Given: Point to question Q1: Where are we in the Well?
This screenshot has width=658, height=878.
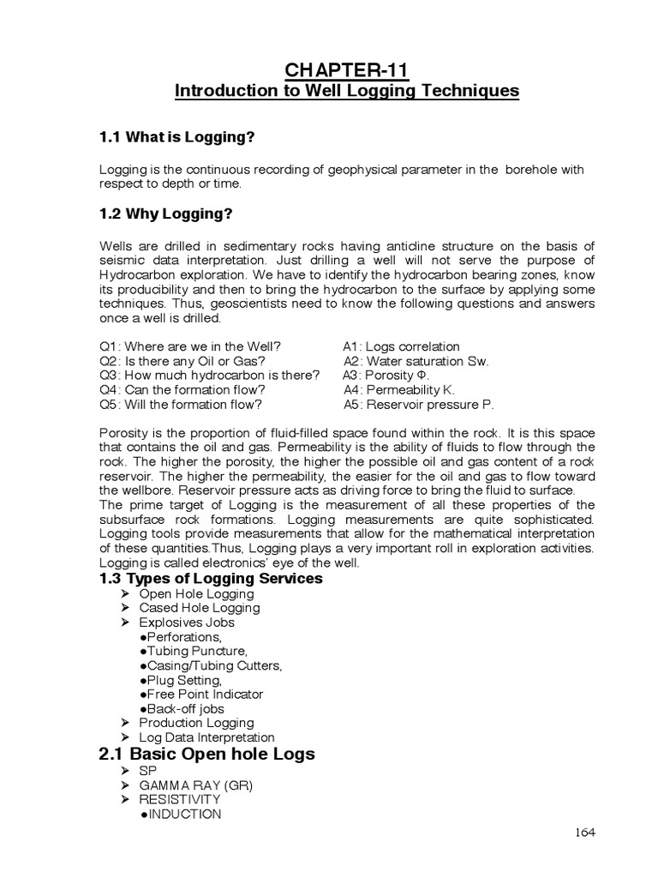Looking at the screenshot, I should (190, 346).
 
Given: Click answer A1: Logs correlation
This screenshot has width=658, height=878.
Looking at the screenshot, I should (401, 346).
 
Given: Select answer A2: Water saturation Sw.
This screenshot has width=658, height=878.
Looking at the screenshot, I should (416, 361).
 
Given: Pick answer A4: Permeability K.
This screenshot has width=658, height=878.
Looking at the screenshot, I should (398, 390).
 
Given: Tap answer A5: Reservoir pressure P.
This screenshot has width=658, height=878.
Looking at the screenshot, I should (418, 405).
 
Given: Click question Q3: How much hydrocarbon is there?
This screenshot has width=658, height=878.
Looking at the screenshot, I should (210, 376).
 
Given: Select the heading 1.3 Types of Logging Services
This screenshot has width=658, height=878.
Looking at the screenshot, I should (212, 579).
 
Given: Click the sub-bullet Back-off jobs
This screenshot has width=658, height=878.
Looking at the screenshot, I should (181, 709).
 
